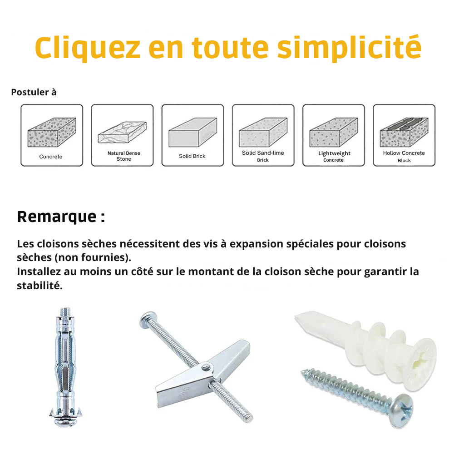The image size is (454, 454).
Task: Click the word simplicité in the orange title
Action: tap(349, 48)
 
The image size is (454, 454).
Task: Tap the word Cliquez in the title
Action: tap(88, 48)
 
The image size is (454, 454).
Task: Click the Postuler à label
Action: tap(34, 92)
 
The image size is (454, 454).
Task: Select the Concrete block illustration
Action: tap(52, 132)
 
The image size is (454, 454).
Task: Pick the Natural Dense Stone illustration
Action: tap(122, 132)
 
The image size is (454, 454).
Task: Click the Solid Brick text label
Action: tap(192, 156)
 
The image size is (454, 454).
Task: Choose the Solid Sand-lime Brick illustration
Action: tap(263, 132)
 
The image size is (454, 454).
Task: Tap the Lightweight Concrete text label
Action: tap(334, 156)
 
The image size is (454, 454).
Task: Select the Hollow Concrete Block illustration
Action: tap(404, 132)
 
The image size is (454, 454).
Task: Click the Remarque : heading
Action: tap(61, 217)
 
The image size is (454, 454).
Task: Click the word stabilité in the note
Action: tap(39, 286)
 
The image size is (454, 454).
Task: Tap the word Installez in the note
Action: tap(39, 272)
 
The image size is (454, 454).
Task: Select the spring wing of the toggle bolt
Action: tap(202, 374)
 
